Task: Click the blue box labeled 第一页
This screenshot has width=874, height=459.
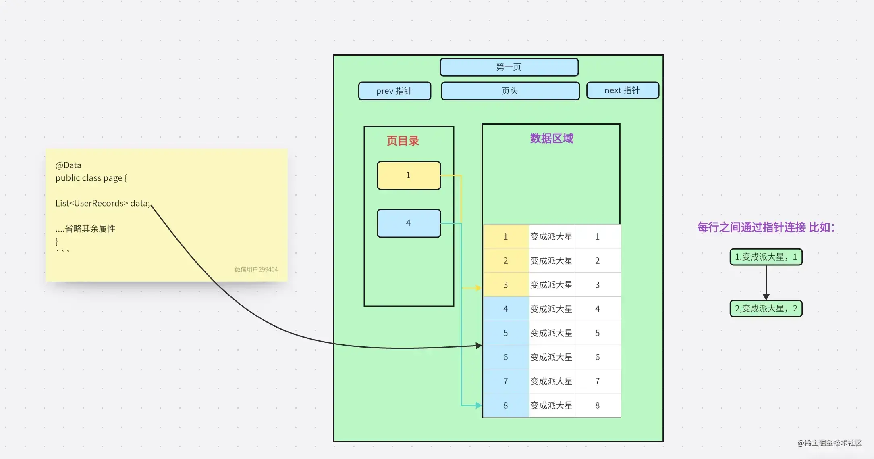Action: (509, 67)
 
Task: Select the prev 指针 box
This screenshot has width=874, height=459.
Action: (394, 91)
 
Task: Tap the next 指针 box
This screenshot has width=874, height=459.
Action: (622, 90)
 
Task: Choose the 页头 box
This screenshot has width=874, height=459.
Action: (510, 91)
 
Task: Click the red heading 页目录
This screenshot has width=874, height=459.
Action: (403, 141)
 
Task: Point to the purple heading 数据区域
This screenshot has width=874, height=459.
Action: (551, 138)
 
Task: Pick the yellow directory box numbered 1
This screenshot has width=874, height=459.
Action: (409, 175)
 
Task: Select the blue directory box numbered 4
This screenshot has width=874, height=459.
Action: (409, 223)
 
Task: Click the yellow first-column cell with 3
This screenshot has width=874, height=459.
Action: (506, 285)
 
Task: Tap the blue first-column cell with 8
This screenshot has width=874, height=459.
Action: (506, 405)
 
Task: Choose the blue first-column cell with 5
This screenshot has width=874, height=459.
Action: (506, 333)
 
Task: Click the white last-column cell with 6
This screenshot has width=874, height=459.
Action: (597, 357)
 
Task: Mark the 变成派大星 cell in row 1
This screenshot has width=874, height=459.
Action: (551, 237)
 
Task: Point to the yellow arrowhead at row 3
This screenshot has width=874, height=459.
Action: (478, 288)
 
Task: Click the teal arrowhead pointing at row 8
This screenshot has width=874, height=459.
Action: (478, 405)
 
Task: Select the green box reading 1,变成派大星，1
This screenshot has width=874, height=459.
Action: (766, 257)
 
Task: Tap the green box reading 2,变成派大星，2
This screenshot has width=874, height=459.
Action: (766, 309)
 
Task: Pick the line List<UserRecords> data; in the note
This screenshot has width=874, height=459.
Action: (103, 203)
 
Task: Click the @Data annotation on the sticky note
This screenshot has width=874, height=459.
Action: (69, 165)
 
